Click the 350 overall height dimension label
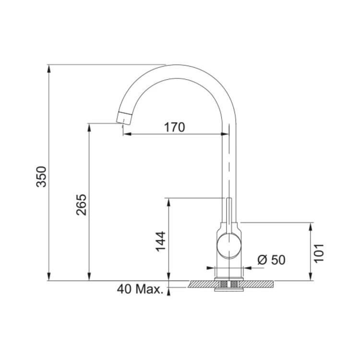(x=42, y=176)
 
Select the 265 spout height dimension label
(x=81, y=205)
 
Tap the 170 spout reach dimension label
(x=175, y=127)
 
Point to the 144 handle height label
(x=161, y=241)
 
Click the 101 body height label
(x=319, y=253)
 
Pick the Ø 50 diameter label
(x=271, y=260)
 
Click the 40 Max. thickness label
(x=140, y=289)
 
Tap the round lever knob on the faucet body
(x=229, y=245)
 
